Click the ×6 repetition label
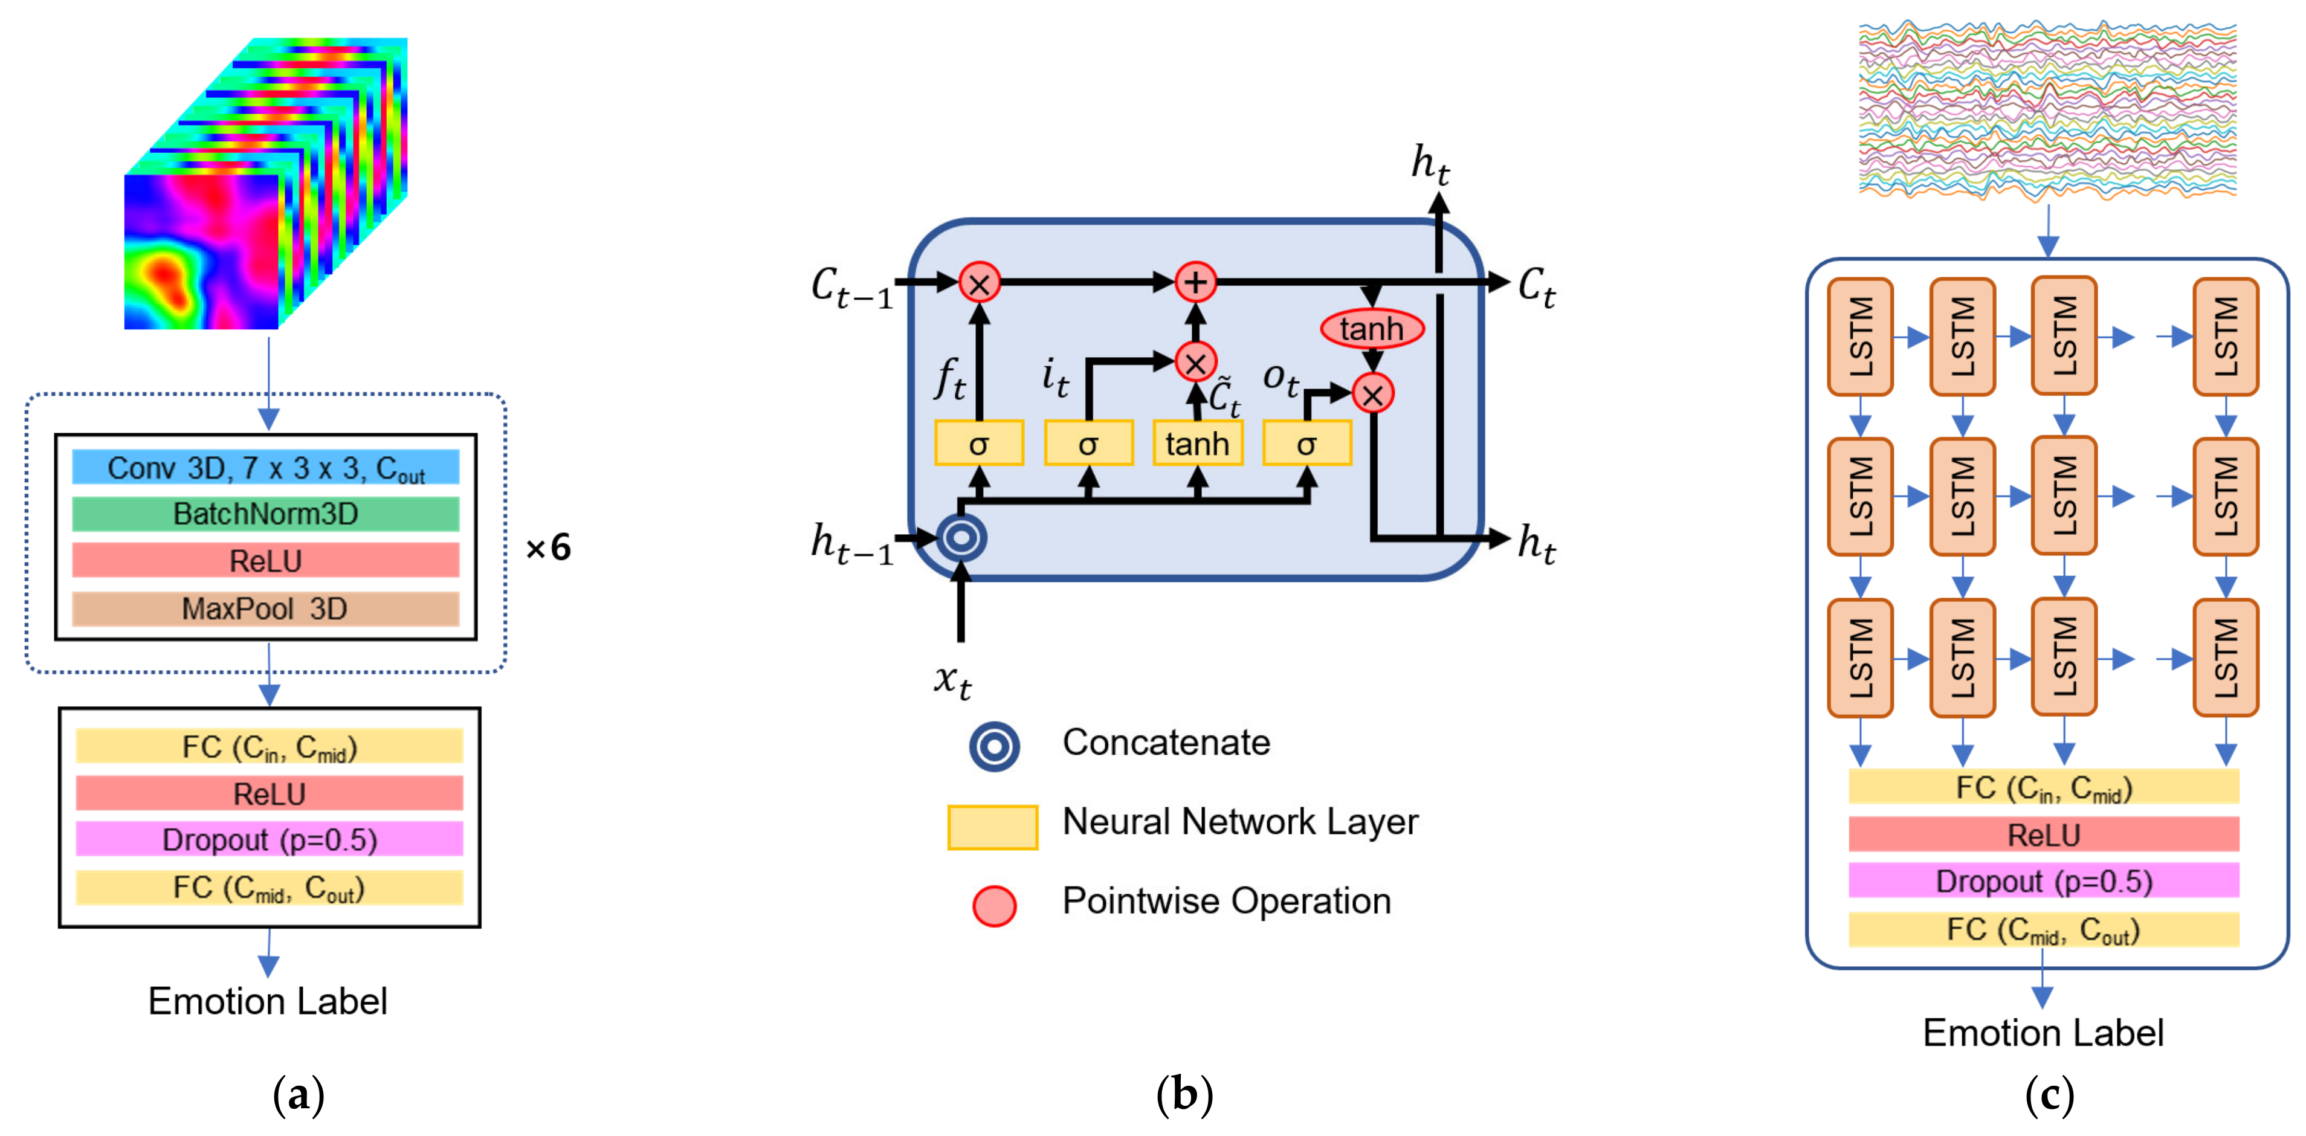pos(548,547)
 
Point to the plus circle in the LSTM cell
pos(1195,283)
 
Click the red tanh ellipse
pos(1371,329)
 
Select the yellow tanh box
pos(1197,443)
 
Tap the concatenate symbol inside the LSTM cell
pos(961,537)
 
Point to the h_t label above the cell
pos(1430,165)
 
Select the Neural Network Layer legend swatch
pos(992,826)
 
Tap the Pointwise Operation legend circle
pos(993,905)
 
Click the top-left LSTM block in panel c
pos(1859,337)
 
